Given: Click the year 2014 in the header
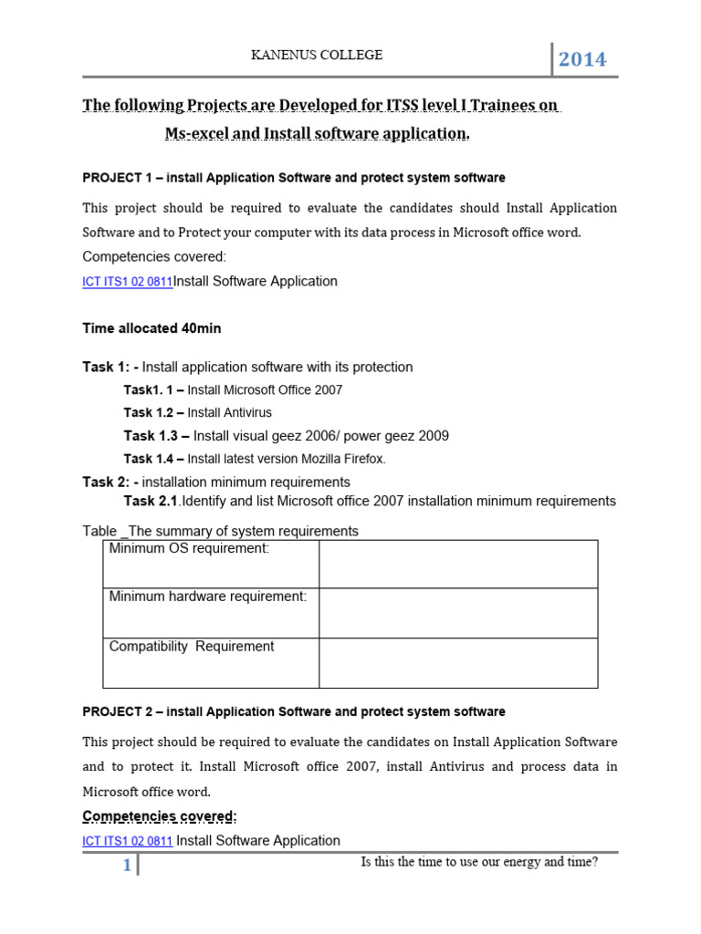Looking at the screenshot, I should tap(582, 60).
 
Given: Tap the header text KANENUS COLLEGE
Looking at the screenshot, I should tap(317, 56).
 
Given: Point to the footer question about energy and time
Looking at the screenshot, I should tap(479, 861).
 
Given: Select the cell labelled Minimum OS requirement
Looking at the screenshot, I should tap(211, 563).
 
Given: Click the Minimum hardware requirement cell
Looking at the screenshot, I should tap(211, 612).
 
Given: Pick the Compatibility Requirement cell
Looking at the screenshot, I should tap(211, 662).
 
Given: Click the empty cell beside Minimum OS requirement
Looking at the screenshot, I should tap(458, 564).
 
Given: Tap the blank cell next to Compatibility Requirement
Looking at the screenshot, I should tap(458, 662).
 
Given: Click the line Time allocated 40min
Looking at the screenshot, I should tap(152, 328).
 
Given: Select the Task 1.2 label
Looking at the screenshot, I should tap(153, 413).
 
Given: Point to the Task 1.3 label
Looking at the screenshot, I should tap(156, 436).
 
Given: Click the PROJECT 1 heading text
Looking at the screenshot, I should tap(293, 178).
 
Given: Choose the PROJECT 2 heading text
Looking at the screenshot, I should tap(293, 711).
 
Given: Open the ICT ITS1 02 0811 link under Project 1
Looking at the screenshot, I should tap(127, 282).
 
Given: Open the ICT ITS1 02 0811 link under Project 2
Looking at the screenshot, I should tap(127, 842).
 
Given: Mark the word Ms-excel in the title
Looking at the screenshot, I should tap(196, 133).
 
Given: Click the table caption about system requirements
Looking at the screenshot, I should tap(220, 531).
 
